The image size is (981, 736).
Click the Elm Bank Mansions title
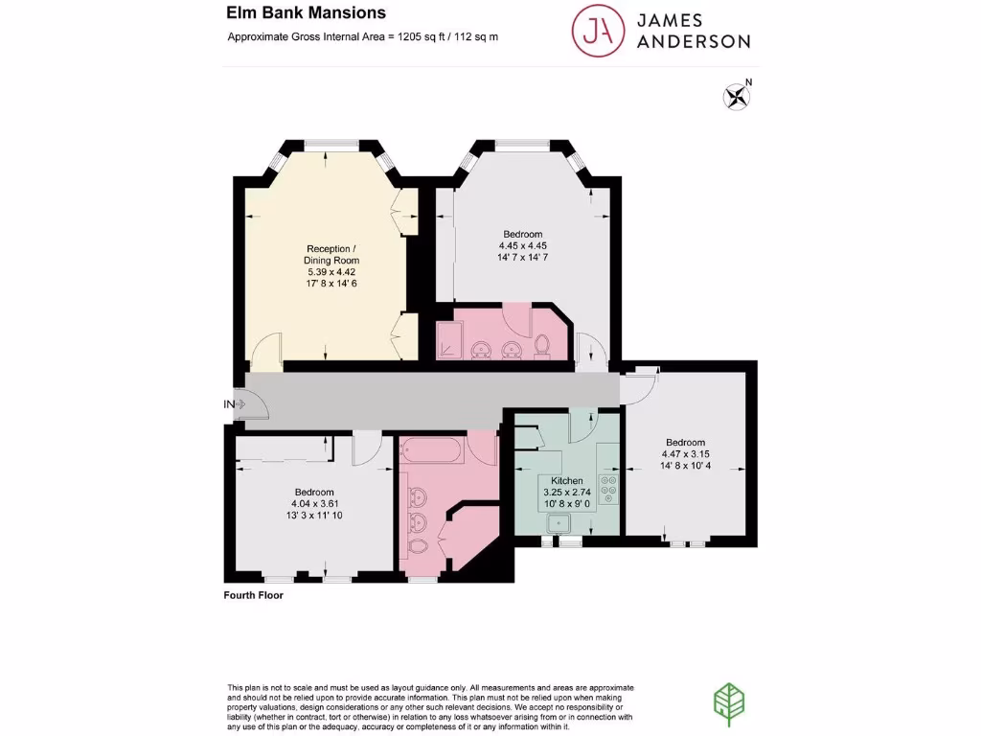point(306,13)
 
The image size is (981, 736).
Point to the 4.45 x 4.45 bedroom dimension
point(523,245)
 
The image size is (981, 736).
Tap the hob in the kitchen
point(606,489)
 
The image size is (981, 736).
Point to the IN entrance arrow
point(236,404)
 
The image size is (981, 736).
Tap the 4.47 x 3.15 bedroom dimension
point(684,454)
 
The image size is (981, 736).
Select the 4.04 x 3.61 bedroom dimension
point(314,503)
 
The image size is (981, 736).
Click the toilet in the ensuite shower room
point(542,344)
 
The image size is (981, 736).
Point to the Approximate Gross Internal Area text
point(362,37)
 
